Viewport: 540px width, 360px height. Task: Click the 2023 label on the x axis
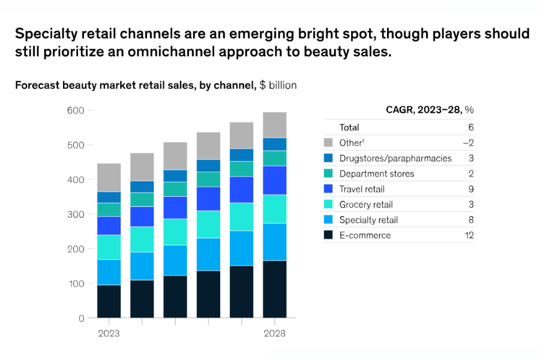(x=109, y=334)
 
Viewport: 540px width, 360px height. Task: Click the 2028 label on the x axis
(x=275, y=334)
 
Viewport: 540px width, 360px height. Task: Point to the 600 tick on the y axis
(x=76, y=110)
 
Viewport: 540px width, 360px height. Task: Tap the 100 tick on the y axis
(x=76, y=283)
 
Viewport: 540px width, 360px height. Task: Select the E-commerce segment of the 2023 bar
(x=109, y=301)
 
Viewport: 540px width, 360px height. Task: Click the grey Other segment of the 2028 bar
(x=275, y=125)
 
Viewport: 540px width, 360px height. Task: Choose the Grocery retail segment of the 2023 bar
(x=109, y=247)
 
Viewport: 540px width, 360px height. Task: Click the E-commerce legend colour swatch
(x=328, y=235)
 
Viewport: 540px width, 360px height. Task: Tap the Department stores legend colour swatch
(x=328, y=173)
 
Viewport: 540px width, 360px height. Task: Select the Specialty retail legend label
(x=368, y=220)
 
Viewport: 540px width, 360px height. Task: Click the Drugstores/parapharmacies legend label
(x=395, y=158)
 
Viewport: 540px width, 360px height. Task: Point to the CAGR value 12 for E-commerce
(x=469, y=235)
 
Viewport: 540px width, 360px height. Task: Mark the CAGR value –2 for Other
(x=467, y=143)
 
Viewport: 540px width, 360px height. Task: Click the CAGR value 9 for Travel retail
(x=470, y=189)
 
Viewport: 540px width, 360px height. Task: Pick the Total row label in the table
(x=349, y=127)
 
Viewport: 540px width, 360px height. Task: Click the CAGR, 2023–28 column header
(x=430, y=110)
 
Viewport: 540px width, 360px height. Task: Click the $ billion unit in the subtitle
(x=278, y=85)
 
